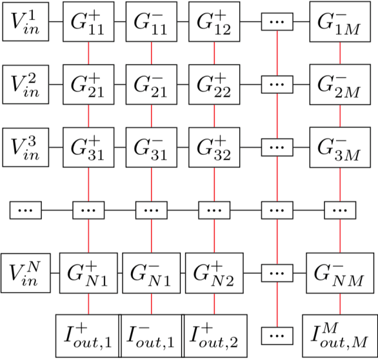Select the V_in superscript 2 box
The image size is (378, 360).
(24, 85)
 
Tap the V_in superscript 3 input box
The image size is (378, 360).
(24, 146)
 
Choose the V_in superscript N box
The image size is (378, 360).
(24, 273)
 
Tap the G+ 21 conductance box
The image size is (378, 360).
(88, 85)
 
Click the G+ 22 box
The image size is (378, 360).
(214, 85)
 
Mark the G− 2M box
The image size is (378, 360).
(339, 85)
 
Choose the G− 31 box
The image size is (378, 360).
(151, 146)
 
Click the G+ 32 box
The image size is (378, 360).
(214, 146)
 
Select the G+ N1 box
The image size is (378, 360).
(88, 273)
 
